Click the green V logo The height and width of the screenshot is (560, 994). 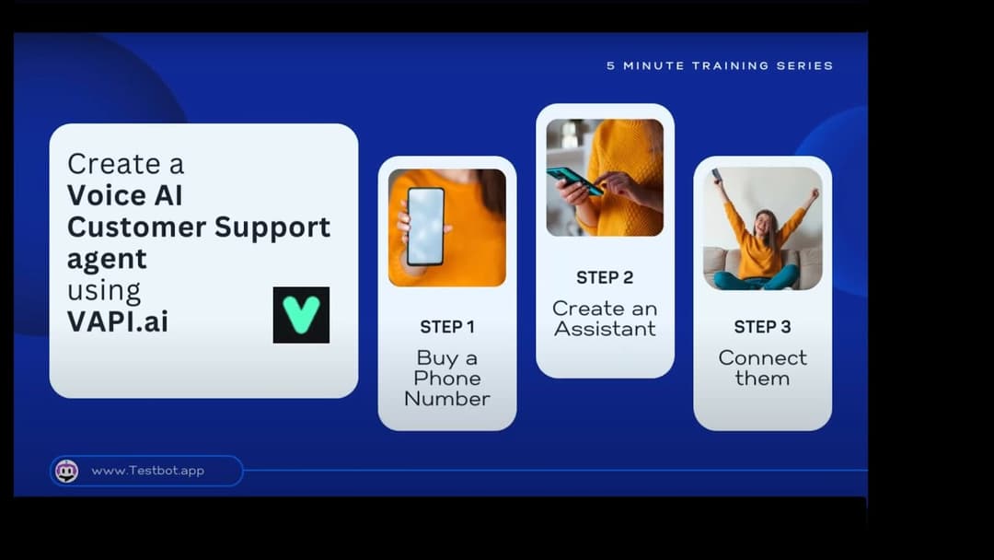(x=301, y=315)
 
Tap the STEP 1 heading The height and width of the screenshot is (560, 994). (x=447, y=327)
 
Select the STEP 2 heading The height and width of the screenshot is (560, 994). (x=605, y=277)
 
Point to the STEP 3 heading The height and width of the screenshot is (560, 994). (x=762, y=327)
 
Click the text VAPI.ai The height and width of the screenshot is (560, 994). (x=118, y=321)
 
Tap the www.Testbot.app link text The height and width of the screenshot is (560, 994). (x=147, y=471)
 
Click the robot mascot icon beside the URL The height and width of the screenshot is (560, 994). (x=66, y=472)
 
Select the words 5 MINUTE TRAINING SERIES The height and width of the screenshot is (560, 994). (x=720, y=65)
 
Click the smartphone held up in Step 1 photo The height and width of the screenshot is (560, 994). (x=425, y=227)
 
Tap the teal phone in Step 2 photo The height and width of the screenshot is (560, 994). (x=574, y=181)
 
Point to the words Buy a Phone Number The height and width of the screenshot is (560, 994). (x=447, y=378)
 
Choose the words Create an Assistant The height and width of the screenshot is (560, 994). (x=605, y=319)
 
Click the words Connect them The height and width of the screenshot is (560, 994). (x=763, y=367)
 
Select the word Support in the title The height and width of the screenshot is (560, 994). (x=272, y=228)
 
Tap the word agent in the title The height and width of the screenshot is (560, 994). (x=107, y=260)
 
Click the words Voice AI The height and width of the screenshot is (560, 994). (x=125, y=194)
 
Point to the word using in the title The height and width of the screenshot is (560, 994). (x=104, y=292)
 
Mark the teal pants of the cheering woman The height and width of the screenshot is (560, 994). (x=757, y=278)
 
